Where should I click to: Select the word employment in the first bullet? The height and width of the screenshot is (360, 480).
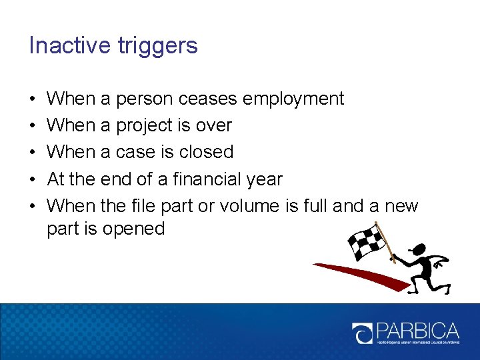coord(293,99)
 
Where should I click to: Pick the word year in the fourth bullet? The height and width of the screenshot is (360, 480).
coord(265,179)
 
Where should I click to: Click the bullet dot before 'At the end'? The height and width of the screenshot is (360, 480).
coord(33,179)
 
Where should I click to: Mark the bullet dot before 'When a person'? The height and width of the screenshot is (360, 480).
coord(33,99)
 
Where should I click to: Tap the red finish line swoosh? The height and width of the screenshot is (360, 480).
coord(360,273)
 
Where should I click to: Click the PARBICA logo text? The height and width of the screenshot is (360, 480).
coord(417,331)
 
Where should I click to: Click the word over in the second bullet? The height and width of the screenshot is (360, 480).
coord(215,126)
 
